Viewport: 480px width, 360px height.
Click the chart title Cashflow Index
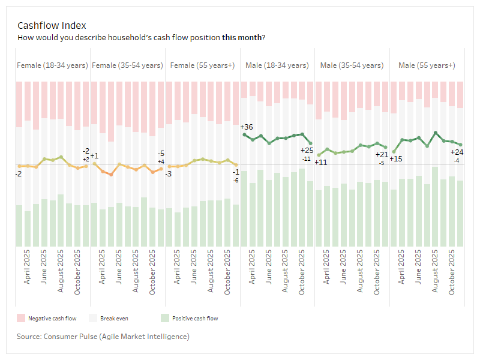pos(52,25)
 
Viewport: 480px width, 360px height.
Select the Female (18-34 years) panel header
pos(53,65)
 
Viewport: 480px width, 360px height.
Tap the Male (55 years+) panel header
pos(427,65)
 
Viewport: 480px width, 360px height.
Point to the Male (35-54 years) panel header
pos(352,65)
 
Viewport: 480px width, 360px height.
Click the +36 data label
pos(246,127)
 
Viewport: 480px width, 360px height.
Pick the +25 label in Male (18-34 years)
pos(307,151)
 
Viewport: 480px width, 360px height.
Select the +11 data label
pos(321,162)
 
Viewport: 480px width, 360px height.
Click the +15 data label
pos(395,159)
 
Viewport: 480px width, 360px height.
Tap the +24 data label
pos(457,152)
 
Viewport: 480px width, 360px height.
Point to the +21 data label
pos(382,155)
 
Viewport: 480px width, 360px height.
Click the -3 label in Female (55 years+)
pos(169,173)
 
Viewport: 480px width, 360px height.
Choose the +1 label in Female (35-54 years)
pos(94,156)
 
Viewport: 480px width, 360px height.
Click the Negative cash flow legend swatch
pos(20,318)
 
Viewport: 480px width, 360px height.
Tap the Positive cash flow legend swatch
pos(164,318)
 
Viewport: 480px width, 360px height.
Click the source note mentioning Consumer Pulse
pos(104,337)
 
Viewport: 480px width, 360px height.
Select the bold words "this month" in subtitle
pos(241,37)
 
